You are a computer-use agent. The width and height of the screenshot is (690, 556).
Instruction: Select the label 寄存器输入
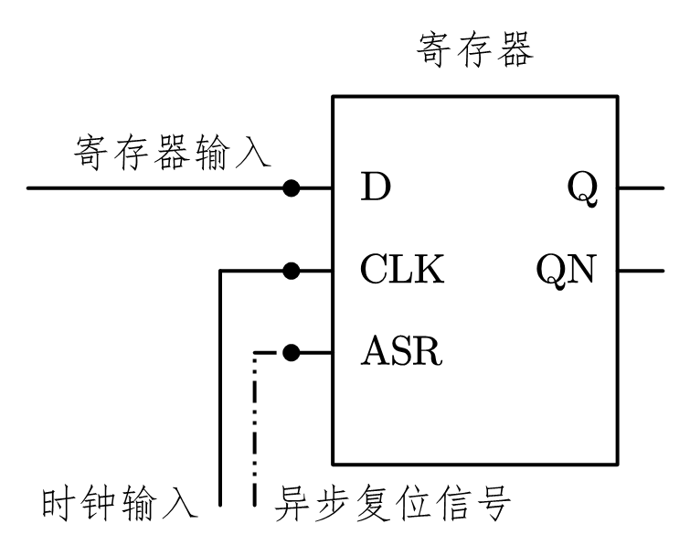[172, 153]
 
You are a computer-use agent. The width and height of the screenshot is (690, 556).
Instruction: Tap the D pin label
[376, 188]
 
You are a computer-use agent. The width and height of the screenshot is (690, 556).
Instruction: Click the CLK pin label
[403, 271]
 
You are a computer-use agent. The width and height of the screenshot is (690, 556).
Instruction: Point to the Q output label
[583, 188]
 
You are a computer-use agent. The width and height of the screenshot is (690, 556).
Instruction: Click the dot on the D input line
[292, 188]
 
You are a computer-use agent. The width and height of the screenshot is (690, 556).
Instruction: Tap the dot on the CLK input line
[292, 271]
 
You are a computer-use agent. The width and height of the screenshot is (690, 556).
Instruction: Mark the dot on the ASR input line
[292, 351]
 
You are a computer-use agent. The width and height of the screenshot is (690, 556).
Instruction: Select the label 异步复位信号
[391, 504]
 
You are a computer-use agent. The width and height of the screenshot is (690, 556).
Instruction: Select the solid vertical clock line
[220, 393]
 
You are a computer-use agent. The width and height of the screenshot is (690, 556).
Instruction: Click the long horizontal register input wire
[155, 188]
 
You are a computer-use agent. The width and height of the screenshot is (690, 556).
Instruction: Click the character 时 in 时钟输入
[61, 504]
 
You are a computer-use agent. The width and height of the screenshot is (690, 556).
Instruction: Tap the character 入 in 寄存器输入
[253, 153]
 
